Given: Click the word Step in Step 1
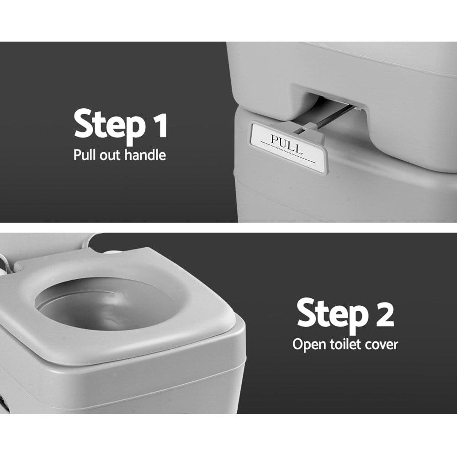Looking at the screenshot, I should click(107, 124).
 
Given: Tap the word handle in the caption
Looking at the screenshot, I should click(143, 154).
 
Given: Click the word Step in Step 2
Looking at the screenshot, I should click(330, 314).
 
